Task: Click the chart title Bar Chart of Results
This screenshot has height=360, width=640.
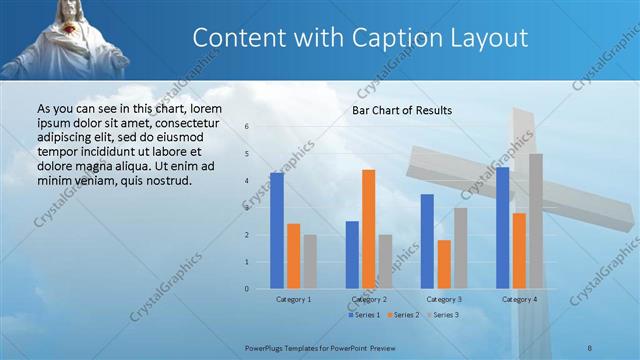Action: tap(402, 110)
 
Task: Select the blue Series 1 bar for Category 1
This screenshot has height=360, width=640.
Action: tap(277, 231)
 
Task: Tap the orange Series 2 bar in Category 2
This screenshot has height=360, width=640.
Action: tap(369, 229)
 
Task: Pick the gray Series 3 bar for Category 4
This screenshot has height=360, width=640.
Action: tap(536, 221)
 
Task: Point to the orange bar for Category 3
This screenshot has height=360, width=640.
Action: tap(444, 264)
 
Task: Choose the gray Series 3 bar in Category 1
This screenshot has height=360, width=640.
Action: tap(310, 262)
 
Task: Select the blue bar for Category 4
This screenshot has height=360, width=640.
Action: tap(502, 228)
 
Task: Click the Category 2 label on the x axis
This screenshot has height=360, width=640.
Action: tap(369, 299)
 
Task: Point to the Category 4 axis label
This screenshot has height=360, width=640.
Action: tap(519, 299)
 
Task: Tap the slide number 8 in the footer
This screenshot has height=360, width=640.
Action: tap(590, 346)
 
